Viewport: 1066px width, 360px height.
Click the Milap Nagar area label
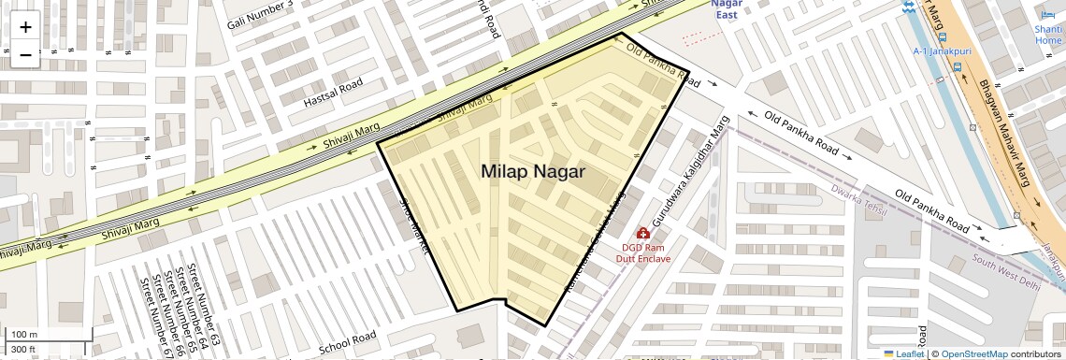[533, 172]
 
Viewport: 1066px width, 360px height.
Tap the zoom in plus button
[25, 26]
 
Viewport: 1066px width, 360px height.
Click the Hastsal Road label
[332, 93]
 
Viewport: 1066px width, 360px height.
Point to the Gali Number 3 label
[260, 16]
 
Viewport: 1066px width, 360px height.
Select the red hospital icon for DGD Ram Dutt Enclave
[643, 233]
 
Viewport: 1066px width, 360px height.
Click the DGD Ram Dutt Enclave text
[646, 252]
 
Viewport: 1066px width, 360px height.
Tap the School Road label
[347, 341]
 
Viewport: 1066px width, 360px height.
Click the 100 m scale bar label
[24, 335]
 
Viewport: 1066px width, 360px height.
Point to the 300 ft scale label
[23, 350]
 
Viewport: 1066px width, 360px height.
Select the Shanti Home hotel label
[1048, 34]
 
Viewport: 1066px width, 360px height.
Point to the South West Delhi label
[1005, 271]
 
